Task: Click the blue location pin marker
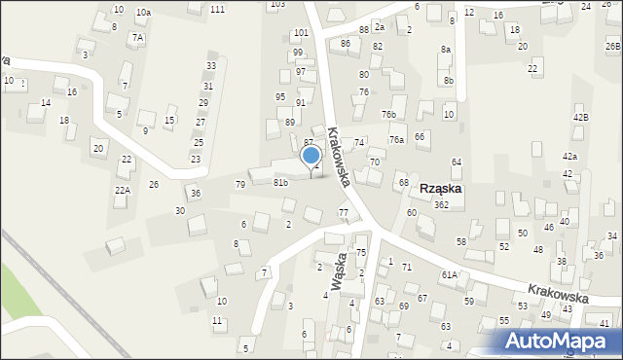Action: pos(311,156)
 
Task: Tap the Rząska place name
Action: pos(440,189)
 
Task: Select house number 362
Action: pos(441,205)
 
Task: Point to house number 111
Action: pos(217,9)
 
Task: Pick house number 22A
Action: pos(122,191)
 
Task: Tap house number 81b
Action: pos(280,183)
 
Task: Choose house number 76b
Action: pos(388,115)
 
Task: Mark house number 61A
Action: pos(449,275)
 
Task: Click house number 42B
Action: pos(581,118)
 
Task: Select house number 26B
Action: pos(612,46)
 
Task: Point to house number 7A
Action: pos(138,38)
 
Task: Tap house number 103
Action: pos(277,4)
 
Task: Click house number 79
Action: pos(240,185)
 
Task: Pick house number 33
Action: pos(210,66)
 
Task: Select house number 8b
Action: pos(448,81)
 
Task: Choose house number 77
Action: pos(343,212)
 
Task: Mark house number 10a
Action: pos(143,12)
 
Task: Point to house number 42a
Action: pos(569,157)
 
